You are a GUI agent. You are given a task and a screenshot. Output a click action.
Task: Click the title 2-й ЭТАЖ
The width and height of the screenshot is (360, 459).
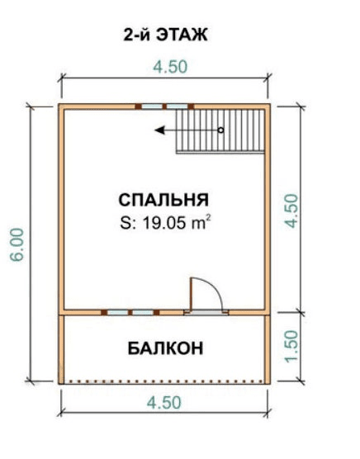coord(165,35)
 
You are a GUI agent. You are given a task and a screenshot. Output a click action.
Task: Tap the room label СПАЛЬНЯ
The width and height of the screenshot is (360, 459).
coord(163,200)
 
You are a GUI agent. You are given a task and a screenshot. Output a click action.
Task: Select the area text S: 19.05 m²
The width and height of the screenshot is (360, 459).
coord(166,222)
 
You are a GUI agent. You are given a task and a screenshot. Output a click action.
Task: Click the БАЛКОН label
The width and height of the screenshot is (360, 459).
coord(165,348)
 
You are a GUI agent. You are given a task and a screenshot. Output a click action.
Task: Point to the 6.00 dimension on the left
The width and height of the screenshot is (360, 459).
coord(17,244)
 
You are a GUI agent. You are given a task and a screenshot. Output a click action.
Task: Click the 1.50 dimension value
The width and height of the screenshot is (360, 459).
coord(291,347)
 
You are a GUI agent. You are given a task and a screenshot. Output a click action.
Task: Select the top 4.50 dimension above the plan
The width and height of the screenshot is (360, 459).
coord(170,67)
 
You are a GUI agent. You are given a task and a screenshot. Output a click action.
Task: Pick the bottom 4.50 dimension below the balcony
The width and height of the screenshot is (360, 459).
coord(164,403)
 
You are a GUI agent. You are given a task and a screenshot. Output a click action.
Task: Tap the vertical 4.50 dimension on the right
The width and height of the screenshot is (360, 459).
coord(291,211)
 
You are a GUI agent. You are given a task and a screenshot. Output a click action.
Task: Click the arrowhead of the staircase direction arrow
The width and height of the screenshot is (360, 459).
coord(159,130)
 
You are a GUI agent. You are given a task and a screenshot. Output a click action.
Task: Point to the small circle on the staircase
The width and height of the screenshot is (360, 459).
coord(221,130)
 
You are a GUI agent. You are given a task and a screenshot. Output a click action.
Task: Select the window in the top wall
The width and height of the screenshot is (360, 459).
coord(164,106)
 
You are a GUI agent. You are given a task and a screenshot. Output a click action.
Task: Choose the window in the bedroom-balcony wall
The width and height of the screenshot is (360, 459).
coord(130,312)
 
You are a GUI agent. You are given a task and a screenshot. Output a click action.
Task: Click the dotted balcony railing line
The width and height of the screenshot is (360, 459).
coord(166,381)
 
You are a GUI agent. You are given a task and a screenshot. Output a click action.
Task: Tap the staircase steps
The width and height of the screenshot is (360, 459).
coord(220,130)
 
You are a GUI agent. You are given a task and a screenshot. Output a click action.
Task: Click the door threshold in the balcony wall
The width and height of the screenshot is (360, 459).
coord(206,312)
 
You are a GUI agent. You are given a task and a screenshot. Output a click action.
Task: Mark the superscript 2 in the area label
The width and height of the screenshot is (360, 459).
coord(209,217)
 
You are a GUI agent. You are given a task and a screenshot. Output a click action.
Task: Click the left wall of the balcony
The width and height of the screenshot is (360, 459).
coord(61,349)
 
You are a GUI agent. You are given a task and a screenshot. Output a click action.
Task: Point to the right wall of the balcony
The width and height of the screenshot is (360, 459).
coord(268,349)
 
